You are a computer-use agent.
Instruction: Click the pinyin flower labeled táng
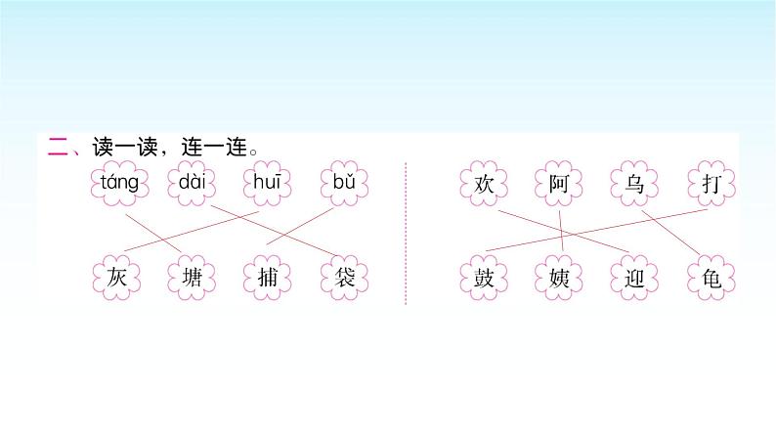coord(118,182)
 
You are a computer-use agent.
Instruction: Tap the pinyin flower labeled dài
coord(191,182)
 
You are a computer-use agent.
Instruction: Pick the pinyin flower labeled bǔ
coord(343,182)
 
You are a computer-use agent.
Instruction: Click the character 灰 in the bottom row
coord(118,277)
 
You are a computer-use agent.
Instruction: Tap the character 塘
coord(191,277)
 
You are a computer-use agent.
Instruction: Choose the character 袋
coord(343,277)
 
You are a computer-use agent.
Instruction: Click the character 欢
coord(485,183)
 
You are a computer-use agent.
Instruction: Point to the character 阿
coord(560,183)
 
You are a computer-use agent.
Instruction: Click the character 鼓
coord(485,277)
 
